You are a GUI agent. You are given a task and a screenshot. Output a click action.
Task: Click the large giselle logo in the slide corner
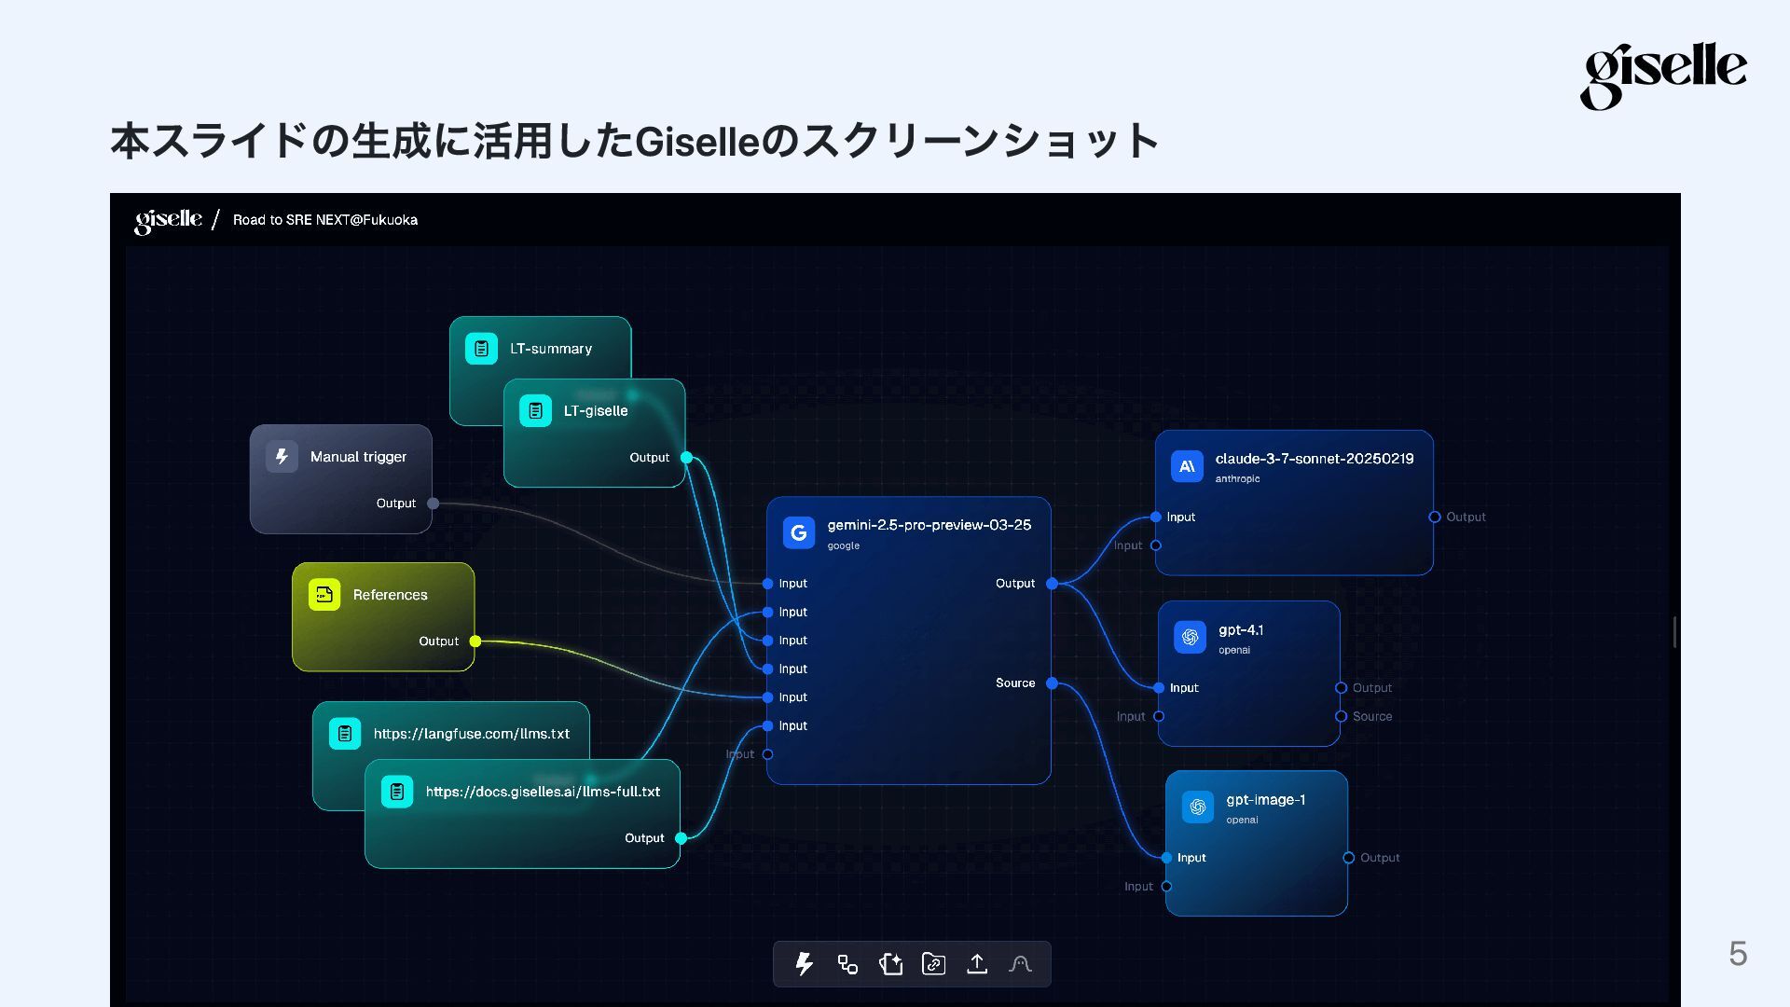(1662, 75)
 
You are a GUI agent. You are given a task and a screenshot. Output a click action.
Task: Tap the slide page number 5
(1738, 953)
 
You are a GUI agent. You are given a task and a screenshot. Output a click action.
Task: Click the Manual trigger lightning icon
(282, 457)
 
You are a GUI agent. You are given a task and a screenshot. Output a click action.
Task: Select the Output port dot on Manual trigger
(433, 504)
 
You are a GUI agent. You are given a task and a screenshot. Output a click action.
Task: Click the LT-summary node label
(550, 349)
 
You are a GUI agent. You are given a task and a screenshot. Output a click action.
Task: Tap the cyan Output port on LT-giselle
(686, 458)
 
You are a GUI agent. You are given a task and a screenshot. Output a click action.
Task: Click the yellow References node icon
(324, 595)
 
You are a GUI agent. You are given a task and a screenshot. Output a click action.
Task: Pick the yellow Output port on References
(475, 641)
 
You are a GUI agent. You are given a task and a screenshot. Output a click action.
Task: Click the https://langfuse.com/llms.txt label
(471, 734)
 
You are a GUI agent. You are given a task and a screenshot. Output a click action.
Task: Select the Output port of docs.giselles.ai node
(681, 838)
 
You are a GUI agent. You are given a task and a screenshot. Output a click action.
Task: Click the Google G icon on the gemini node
(799, 532)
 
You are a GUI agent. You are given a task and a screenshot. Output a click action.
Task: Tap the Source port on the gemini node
(1052, 683)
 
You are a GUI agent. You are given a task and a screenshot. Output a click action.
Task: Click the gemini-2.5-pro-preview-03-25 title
(929, 525)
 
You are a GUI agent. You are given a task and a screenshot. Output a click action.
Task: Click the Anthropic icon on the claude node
(1187, 466)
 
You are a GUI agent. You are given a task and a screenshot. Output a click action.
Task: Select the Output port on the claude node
(1435, 517)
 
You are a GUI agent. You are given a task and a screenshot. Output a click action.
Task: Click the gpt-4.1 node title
(1240, 630)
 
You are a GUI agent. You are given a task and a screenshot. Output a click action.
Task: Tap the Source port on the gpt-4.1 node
(1341, 717)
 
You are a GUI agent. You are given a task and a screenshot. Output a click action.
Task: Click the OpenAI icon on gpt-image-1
(1198, 807)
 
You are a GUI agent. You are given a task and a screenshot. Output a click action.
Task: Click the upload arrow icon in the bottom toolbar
(977, 964)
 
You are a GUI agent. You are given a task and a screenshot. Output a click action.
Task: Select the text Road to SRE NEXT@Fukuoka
(324, 220)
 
